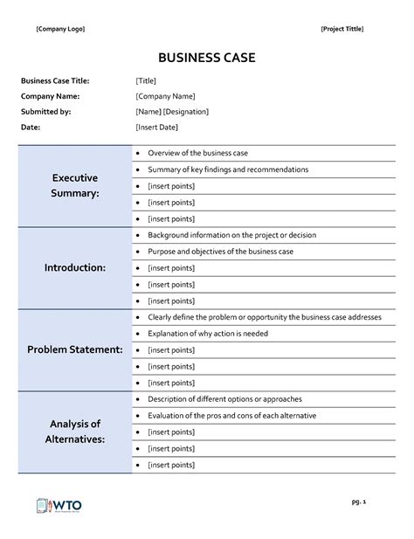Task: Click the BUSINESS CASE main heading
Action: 207,59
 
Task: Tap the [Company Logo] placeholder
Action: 60,29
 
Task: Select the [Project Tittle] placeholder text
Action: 342,29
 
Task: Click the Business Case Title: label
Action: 55,81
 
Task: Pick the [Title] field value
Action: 146,81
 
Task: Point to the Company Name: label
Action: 50,96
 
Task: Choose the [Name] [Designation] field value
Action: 172,112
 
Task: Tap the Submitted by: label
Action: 45,112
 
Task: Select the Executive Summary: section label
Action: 75,185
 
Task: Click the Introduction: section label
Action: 75,267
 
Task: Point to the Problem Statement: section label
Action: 75,349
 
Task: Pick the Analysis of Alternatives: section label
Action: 75,432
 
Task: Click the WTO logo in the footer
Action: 59,506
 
